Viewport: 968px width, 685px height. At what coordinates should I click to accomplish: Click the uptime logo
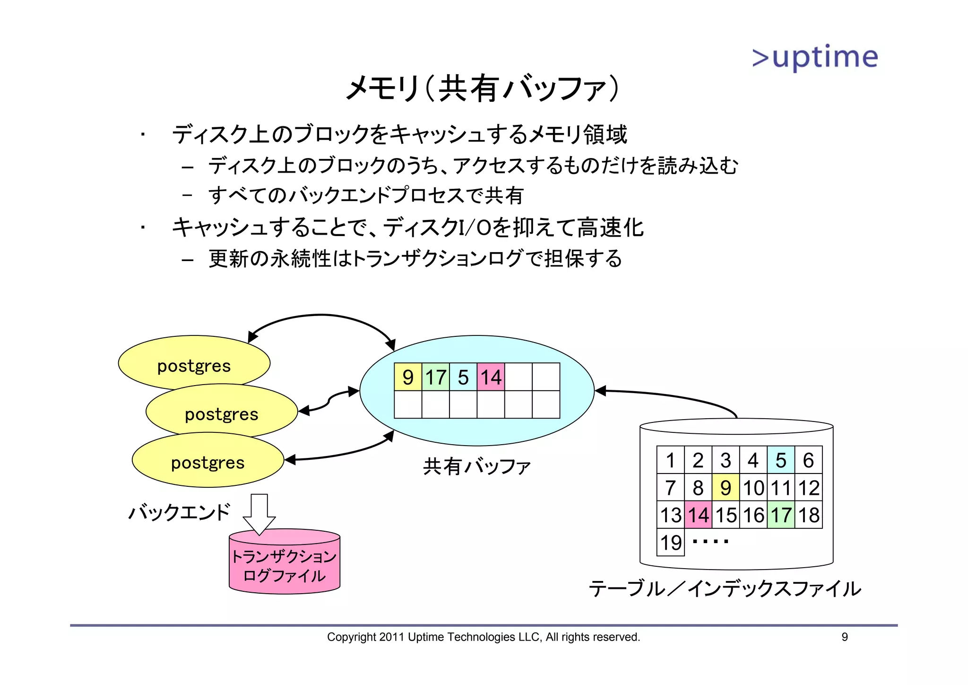[x=815, y=58]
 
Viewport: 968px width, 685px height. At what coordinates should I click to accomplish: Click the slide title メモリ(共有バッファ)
[x=482, y=88]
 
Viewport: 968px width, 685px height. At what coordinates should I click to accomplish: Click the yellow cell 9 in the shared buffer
[x=408, y=377]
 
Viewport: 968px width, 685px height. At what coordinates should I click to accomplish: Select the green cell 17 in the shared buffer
[x=435, y=377]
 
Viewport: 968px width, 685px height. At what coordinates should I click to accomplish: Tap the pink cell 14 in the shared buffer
[x=491, y=377]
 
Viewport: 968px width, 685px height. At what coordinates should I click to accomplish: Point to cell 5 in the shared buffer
[x=463, y=377]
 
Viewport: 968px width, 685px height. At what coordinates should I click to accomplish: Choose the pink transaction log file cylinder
[x=285, y=565]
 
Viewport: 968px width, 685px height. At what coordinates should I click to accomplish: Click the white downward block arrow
[x=259, y=513]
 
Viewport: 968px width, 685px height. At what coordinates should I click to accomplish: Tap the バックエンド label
[x=180, y=512]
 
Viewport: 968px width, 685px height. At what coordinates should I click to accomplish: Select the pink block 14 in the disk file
[x=698, y=515]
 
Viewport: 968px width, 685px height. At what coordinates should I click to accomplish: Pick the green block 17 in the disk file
[x=781, y=515]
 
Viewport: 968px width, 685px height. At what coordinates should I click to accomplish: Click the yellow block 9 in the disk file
[x=726, y=487]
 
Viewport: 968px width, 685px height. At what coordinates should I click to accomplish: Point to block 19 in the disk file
[x=671, y=542]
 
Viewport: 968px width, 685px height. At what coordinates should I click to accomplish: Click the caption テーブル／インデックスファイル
[x=725, y=589]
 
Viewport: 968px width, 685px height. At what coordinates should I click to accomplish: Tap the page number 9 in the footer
[x=845, y=637]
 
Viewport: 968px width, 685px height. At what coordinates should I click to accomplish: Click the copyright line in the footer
[x=484, y=637]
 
